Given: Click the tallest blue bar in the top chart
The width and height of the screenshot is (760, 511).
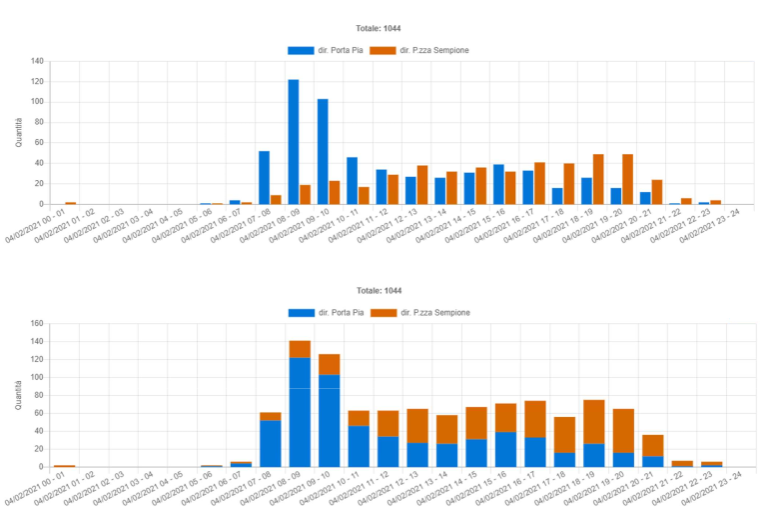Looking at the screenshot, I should [294, 141].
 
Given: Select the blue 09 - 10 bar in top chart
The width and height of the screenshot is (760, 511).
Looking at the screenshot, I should [323, 151].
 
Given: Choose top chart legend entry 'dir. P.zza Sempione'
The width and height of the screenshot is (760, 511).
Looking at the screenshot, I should [419, 50].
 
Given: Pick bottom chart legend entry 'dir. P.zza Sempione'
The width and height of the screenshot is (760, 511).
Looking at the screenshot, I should [419, 313].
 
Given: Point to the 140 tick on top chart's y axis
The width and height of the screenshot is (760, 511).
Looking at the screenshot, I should [37, 61].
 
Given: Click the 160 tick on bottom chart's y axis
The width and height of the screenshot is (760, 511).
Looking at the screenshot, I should [37, 324].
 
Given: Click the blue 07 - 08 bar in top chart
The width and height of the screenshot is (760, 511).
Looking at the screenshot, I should [264, 177].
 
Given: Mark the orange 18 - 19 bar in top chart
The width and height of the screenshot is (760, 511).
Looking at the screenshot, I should [598, 179].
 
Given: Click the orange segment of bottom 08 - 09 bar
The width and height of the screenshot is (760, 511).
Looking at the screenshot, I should [300, 349].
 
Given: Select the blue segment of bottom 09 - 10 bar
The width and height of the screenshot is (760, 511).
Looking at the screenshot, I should [330, 420].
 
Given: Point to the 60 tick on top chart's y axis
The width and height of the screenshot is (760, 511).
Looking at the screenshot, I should [39, 143].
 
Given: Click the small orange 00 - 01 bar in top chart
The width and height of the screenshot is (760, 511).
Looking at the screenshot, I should [71, 203].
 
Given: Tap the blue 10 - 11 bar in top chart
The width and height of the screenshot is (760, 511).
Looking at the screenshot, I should [352, 180].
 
